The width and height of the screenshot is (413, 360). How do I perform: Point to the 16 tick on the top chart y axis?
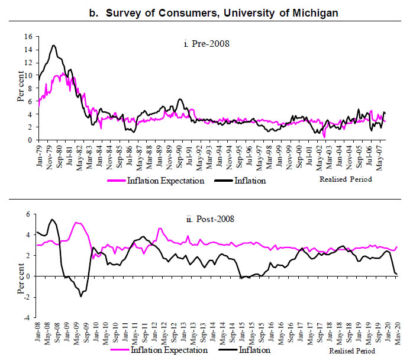[27, 36]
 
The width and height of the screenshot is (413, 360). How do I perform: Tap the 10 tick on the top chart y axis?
[27, 75]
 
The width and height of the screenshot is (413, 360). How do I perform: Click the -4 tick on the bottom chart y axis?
[28, 318]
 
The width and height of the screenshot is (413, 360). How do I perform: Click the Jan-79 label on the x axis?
[40, 155]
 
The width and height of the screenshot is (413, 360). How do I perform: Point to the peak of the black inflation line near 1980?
[53, 45]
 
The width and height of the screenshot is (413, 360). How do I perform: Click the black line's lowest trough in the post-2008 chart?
[81, 296]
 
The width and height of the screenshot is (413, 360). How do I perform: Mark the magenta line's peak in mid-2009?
[76, 223]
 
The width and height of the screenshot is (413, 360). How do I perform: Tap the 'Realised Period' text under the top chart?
[346, 179]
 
